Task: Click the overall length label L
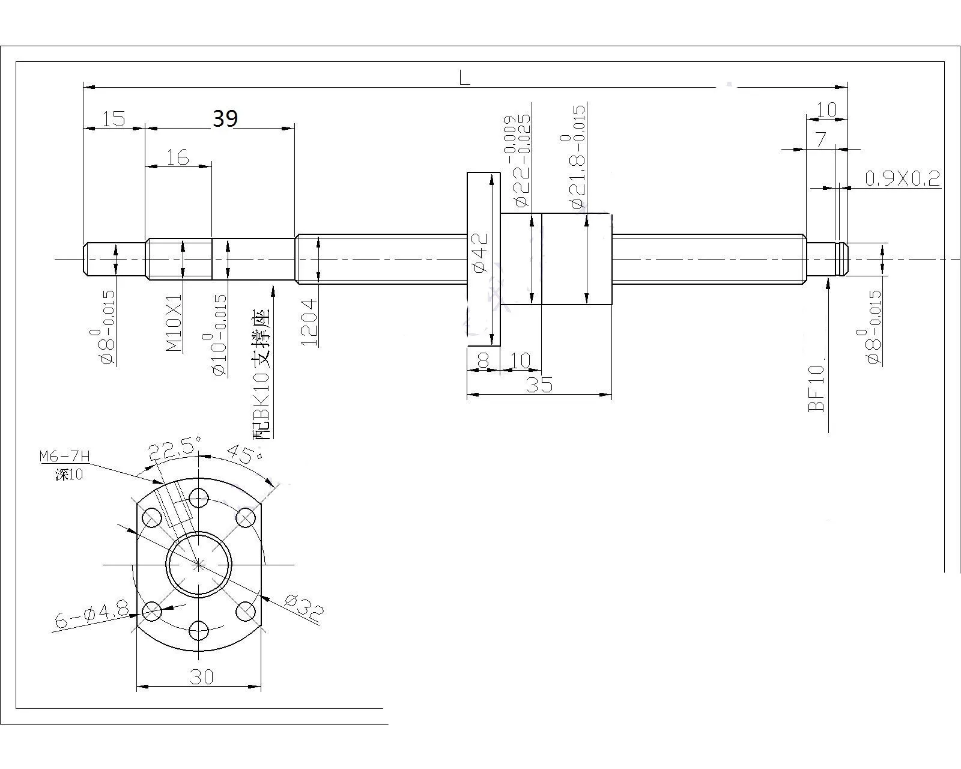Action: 464,78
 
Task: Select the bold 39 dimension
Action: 225,118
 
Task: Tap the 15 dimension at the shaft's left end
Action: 114,120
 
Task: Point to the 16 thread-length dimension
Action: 178,157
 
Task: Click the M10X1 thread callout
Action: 174,323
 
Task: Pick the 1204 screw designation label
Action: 309,323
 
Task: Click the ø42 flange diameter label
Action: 479,252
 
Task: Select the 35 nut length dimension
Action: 539,384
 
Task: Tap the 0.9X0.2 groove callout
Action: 903,178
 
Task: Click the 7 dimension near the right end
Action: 821,140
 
